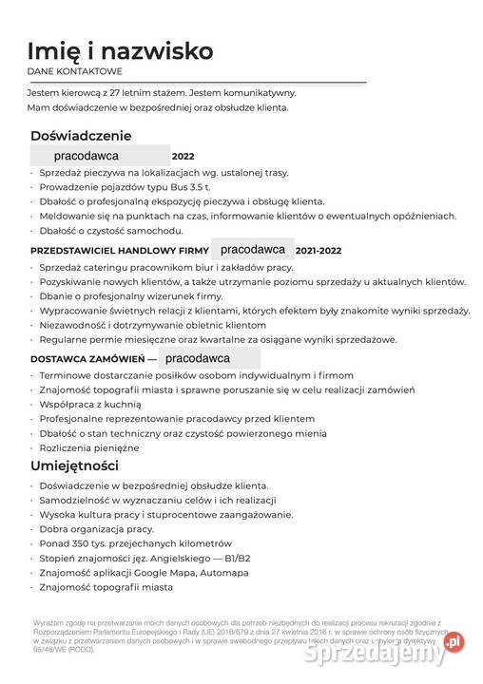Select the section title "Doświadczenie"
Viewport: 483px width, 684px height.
(80, 136)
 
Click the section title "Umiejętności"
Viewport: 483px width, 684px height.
(74, 465)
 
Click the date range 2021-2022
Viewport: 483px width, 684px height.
(318, 251)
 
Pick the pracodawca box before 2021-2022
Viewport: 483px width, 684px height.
(252, 250)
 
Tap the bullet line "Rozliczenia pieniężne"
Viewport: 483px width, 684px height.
(89, 447)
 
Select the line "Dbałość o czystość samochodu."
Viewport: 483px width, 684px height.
(111, 231)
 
